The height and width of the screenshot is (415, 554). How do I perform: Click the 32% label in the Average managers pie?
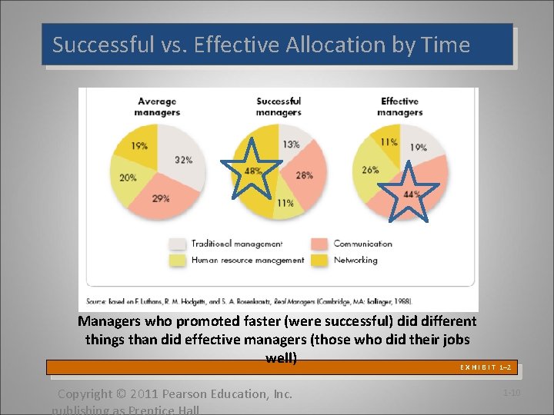[183, 160]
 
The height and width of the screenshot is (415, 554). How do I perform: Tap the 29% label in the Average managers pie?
[160, 198]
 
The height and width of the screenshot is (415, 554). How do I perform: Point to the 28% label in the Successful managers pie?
[304, 175]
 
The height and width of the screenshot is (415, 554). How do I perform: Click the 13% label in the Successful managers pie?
[291, 144]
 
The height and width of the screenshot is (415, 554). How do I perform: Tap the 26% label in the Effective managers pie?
[370, 170]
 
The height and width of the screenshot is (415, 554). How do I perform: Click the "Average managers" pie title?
[157, 107]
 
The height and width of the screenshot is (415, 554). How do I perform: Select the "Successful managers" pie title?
[279, 107]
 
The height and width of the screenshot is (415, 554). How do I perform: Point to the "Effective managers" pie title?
[400, 107]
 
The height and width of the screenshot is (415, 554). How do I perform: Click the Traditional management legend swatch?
[177, 244]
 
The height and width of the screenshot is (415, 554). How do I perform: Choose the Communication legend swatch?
[319, 244]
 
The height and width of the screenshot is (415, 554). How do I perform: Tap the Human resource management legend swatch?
[177, 261]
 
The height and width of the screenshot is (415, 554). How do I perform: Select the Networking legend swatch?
[319, 261]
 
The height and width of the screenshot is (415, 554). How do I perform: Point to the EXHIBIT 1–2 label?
[486, 368]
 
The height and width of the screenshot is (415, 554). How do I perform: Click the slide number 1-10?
[512, 393]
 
